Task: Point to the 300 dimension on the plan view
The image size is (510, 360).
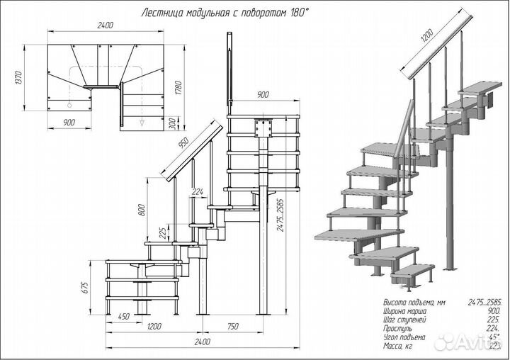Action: pyautogui.click(x=172, y=123)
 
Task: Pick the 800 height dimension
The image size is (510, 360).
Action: pyautogui.click(x=142, y=209)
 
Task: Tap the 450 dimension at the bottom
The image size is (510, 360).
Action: pyautogui.click(x=123, y=317)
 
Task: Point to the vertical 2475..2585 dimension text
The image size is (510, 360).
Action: pyautogui.click(x=282, y=220)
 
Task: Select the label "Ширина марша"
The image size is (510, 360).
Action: pyautogui.click(x=402, y=311)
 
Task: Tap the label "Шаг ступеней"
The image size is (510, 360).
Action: pyautogui.click(x=400, y=320)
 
